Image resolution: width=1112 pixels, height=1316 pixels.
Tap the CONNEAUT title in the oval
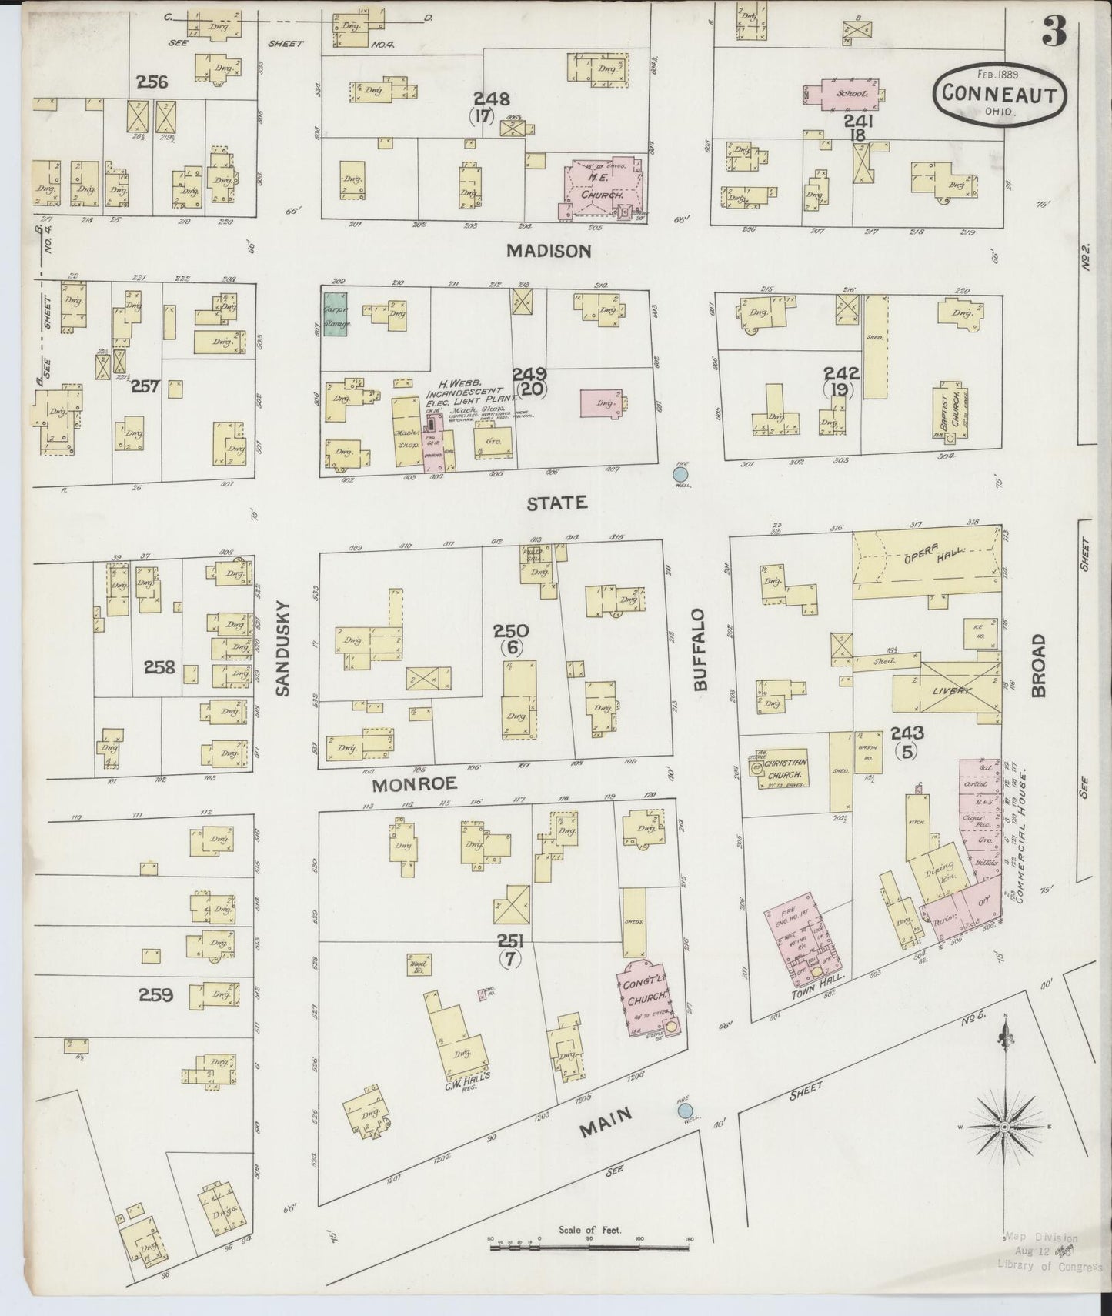(1000, 93)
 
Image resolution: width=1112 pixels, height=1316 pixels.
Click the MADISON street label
(549, 251)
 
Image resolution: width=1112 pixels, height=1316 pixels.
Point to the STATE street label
(557, 503)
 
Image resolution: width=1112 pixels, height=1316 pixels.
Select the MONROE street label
(415, 783)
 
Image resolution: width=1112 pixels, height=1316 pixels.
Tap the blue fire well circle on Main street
(685, 1111)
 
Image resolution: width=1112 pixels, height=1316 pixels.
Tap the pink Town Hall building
(803, 938)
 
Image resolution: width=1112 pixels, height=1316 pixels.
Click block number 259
(155, 995)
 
